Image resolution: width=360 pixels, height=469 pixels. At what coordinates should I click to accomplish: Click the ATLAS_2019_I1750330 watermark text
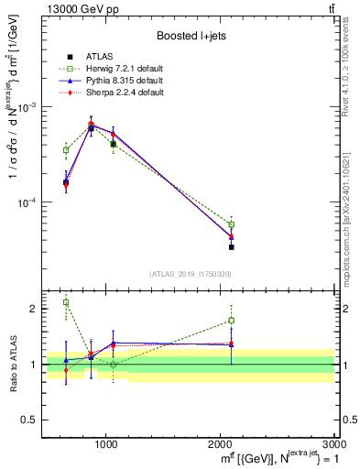[190, 273]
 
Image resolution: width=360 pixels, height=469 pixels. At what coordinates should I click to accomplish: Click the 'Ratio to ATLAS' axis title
[12, 364]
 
